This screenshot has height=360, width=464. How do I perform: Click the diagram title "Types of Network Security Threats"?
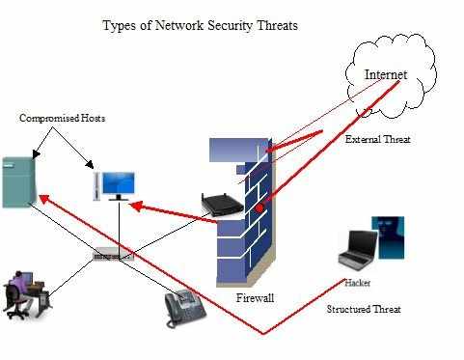click(x=200, y=25)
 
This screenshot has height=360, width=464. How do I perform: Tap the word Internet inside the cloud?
click(x=385, y=74)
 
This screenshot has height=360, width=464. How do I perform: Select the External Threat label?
click(x=377, y=140)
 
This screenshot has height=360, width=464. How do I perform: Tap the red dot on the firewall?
click(x=259, y=208)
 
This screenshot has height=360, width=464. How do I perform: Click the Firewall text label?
click(x=255, y=298)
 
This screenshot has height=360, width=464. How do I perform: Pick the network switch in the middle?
click(x=114, y=256)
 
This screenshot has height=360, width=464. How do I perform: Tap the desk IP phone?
click(x=184, y=308)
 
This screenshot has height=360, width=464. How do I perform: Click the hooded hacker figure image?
click(x=388, y=237)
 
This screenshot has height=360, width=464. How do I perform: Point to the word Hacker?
click(x=358, y=283)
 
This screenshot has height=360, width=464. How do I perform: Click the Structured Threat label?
click(x=363, y=309)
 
